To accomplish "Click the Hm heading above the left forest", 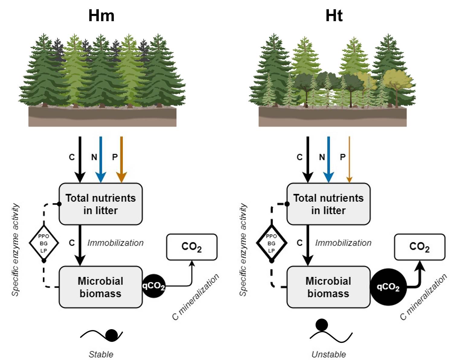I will pos(101,15).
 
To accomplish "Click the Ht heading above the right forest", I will pos(334,15).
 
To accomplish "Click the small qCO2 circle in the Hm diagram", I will pos(153,286).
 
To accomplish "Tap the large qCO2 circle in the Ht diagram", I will pos(388,287).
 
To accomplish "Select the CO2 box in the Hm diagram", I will pos(192,247).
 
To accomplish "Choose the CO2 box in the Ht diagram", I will pos(419,247).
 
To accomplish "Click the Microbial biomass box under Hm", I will pos(101,287).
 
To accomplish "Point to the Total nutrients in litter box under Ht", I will pos(328,204).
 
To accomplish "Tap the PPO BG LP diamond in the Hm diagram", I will pos(44,243).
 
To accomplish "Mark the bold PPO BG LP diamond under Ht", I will pos(271,243).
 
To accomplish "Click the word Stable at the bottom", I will pos(101,354).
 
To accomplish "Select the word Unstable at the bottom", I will pos(329,354).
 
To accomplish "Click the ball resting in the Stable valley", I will pos(112,335).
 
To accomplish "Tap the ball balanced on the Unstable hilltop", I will pos(322,325).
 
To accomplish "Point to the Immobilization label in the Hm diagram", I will pos(115,243).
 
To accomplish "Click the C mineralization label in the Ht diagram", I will pos(423,297).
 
